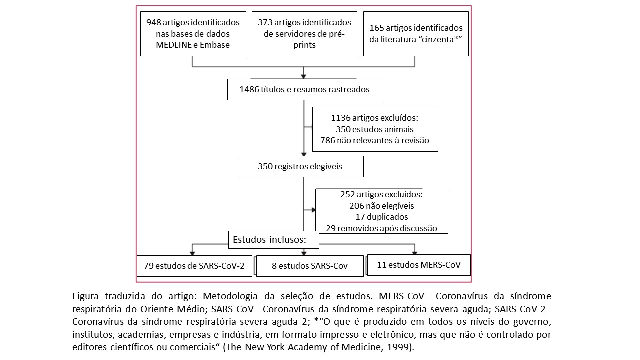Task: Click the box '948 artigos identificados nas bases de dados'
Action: [193, 34]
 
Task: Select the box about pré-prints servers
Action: [304, 34]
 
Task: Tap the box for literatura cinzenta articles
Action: [416, 34]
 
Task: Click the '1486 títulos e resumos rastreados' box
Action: [305, 89]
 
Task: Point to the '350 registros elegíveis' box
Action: [301, 166]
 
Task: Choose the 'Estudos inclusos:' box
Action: [273, 240]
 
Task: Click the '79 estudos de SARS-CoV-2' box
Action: [194, 266]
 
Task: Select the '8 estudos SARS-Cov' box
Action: [310, 266]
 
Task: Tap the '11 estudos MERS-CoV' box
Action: [419, 265]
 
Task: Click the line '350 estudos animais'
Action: [375, 129]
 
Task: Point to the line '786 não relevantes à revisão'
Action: [375, 140]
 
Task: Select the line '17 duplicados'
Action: [382, 217]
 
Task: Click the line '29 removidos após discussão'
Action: [381, 228]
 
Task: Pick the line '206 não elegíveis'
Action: [382, 206]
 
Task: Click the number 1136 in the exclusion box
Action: [341, 118]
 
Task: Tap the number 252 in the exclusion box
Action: [347, 194]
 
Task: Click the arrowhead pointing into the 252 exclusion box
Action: [313, 210]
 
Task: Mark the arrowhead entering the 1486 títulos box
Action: [303, 77]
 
